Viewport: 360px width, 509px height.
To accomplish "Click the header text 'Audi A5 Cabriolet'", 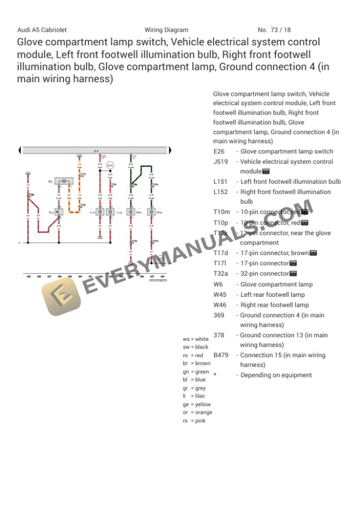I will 42,30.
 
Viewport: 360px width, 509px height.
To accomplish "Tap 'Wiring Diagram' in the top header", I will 166,30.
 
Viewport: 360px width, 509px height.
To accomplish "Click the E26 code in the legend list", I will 219,152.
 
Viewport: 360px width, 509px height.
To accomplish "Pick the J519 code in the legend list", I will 221,162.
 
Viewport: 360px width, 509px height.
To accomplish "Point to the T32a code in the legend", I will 221,274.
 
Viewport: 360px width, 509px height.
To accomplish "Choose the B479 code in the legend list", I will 221,355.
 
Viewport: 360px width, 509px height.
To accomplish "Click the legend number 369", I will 219,315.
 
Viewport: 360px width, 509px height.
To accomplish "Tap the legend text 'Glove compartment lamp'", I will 276,284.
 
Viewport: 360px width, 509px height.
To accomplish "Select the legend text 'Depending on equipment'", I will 276,375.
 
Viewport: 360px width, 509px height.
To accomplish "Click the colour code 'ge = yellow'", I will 196,404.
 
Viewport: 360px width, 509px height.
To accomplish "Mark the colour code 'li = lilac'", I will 194,396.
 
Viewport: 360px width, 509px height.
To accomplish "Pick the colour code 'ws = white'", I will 196,339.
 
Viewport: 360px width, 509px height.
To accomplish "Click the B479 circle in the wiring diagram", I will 110,166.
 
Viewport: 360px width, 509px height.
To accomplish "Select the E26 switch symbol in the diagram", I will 58,212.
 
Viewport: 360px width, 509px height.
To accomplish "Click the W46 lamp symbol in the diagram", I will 152,212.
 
